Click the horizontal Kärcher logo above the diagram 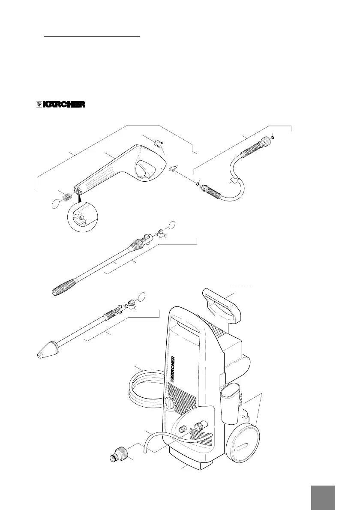60,104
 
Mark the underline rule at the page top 92,37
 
